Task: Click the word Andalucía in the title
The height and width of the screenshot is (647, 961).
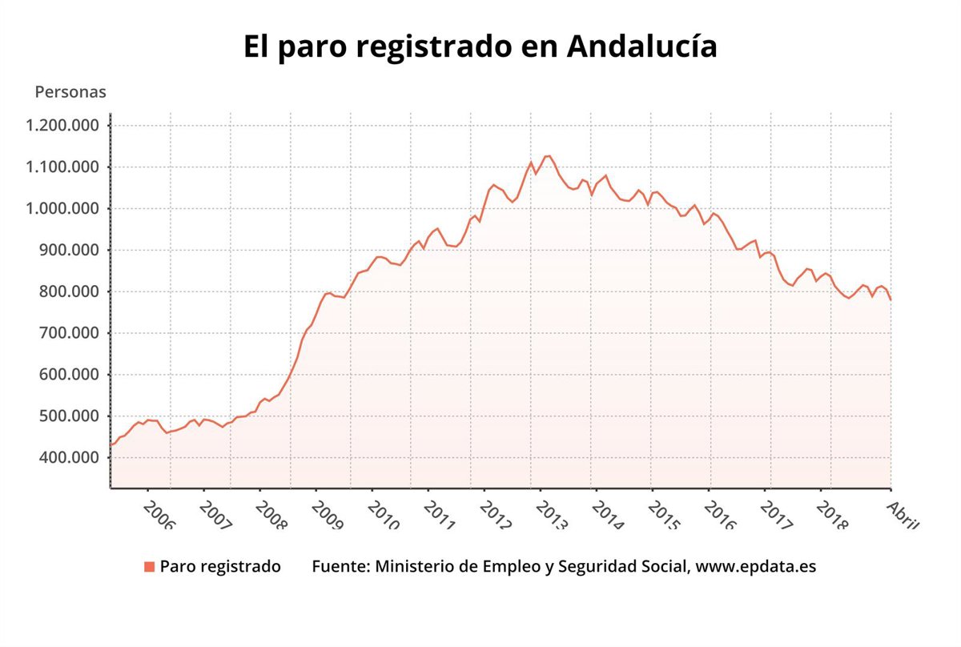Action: (641, 46)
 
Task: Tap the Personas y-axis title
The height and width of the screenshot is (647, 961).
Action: (70, 92)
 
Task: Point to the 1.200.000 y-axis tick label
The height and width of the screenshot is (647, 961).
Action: (62, 126)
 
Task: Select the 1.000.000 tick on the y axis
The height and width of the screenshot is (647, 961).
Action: (62, 209)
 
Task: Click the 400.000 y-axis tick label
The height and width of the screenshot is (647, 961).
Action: (67, 458)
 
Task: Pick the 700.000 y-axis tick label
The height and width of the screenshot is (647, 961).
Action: (67, 333)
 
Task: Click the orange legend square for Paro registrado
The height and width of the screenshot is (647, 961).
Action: (149, 567)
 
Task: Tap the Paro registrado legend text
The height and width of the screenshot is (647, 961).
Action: (220, 567)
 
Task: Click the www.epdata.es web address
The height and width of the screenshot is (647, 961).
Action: (756, 567)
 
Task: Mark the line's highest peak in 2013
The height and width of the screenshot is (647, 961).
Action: (548, 155)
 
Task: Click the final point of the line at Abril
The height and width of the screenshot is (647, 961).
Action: (891, 299)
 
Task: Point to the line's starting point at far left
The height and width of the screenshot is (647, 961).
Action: (111, 445)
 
